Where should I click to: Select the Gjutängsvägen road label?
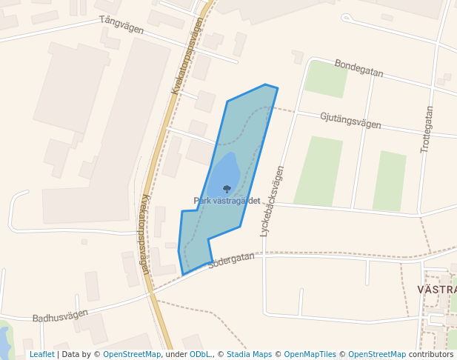point(350,121)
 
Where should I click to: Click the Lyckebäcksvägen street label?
point(272,201)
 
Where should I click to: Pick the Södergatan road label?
point(230,261)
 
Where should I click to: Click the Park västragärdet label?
point(227,201)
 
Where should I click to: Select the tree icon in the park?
point(227,190)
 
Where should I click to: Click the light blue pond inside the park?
point(225,172)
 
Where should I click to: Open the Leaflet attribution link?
point(41,354)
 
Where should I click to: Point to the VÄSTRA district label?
point(436,289)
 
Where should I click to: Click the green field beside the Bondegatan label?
point(326,79)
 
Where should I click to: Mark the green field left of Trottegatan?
point(390,181)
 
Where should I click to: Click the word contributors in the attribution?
point(430,354)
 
